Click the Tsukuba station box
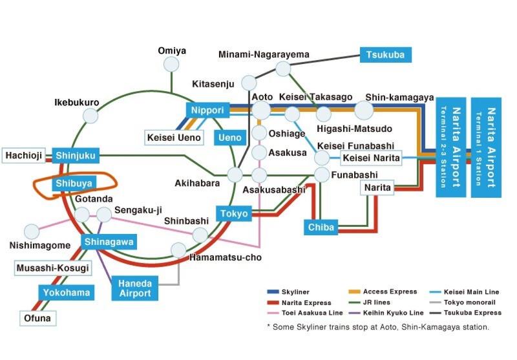pos(385,55)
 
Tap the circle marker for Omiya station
pos(171,64)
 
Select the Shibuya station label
pos(74,184)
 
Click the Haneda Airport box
pos(135,288)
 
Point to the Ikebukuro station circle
pos(90,116)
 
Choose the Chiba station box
pos(321,227)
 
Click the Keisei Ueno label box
pos(174,138)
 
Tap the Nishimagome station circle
pos(32,232)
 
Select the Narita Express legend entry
pos(299,302)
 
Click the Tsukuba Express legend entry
pos(465,313)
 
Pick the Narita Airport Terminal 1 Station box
pos(487,147)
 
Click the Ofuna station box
pos(37,319)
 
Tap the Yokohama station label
pos(67,293)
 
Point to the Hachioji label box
pos(24,156)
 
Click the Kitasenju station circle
pos(249,83)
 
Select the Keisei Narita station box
pos(371,158)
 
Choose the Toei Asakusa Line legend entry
pos(305,313)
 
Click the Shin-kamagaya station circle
pos(364,110)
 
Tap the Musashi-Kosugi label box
pos(53,268)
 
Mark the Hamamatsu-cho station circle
pos(179,250)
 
